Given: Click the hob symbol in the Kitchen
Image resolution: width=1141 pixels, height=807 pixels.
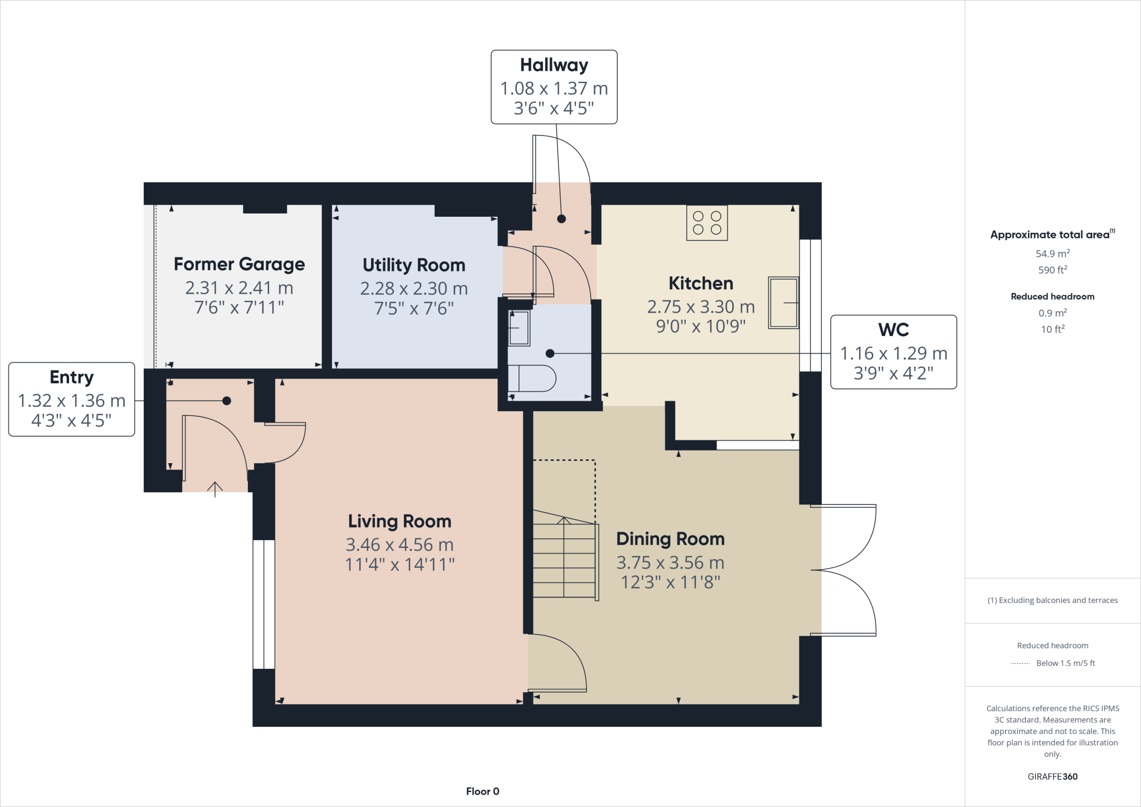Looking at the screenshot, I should [x=707, y=223].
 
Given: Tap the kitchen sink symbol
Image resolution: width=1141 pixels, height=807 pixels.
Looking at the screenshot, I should [x=783, y=303].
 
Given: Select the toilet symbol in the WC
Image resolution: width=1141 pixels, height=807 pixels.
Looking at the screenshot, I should [x=532, y=378].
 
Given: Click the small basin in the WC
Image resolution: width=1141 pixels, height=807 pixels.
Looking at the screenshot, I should [x=519, y=328].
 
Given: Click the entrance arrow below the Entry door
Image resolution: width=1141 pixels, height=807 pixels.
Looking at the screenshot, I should [x=215, y=489].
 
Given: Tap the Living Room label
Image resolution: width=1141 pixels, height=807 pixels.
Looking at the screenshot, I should [x=399, y=521].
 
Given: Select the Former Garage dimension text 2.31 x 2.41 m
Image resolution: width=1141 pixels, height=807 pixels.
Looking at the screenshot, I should [x=239, y=288].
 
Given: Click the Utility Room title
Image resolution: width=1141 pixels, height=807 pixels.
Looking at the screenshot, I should [x=414, y=265].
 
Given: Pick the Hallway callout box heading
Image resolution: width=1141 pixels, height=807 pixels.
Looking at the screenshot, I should [x=554, y=65].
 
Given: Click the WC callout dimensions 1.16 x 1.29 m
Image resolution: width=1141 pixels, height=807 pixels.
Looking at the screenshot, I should [x=893, y=353].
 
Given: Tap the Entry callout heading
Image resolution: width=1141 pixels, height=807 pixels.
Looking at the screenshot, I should [x=71, y=377].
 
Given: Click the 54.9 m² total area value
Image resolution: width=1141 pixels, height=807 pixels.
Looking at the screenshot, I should [x=1052, y=254].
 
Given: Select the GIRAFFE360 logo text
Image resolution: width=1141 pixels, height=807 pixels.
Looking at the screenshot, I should [x=1052, y=776].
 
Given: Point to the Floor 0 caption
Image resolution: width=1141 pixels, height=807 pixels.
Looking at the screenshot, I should [x=482, y=791].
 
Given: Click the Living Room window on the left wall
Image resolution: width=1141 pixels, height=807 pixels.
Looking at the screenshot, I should [x=264, y=604].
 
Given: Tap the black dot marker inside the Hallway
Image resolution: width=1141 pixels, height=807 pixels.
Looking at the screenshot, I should [x=562, y=219].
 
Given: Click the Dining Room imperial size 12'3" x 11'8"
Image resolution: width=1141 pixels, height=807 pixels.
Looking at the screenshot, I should [x=670, y=582].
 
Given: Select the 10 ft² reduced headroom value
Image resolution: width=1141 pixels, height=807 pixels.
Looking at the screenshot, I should [x=1052, y=329].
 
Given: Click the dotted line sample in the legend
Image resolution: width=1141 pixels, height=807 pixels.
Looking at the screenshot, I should [x=1020, y=663].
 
